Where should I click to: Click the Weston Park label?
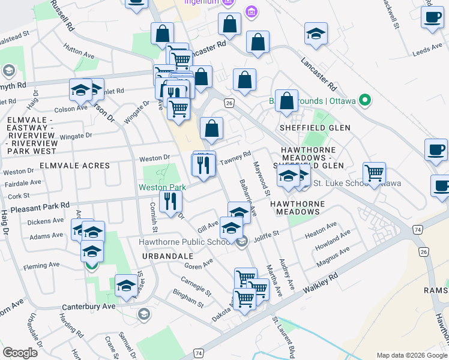tap(162, 188)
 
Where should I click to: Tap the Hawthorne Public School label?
tap(185, 242)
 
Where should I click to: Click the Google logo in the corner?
tap(20, 353)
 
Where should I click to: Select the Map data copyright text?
tap(412, 355)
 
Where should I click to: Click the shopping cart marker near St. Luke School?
tap(374, 173)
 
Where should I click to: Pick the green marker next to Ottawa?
tap(364, 100)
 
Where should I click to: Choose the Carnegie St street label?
tap(197, 287)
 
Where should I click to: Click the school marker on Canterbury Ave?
tap(127, 286)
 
